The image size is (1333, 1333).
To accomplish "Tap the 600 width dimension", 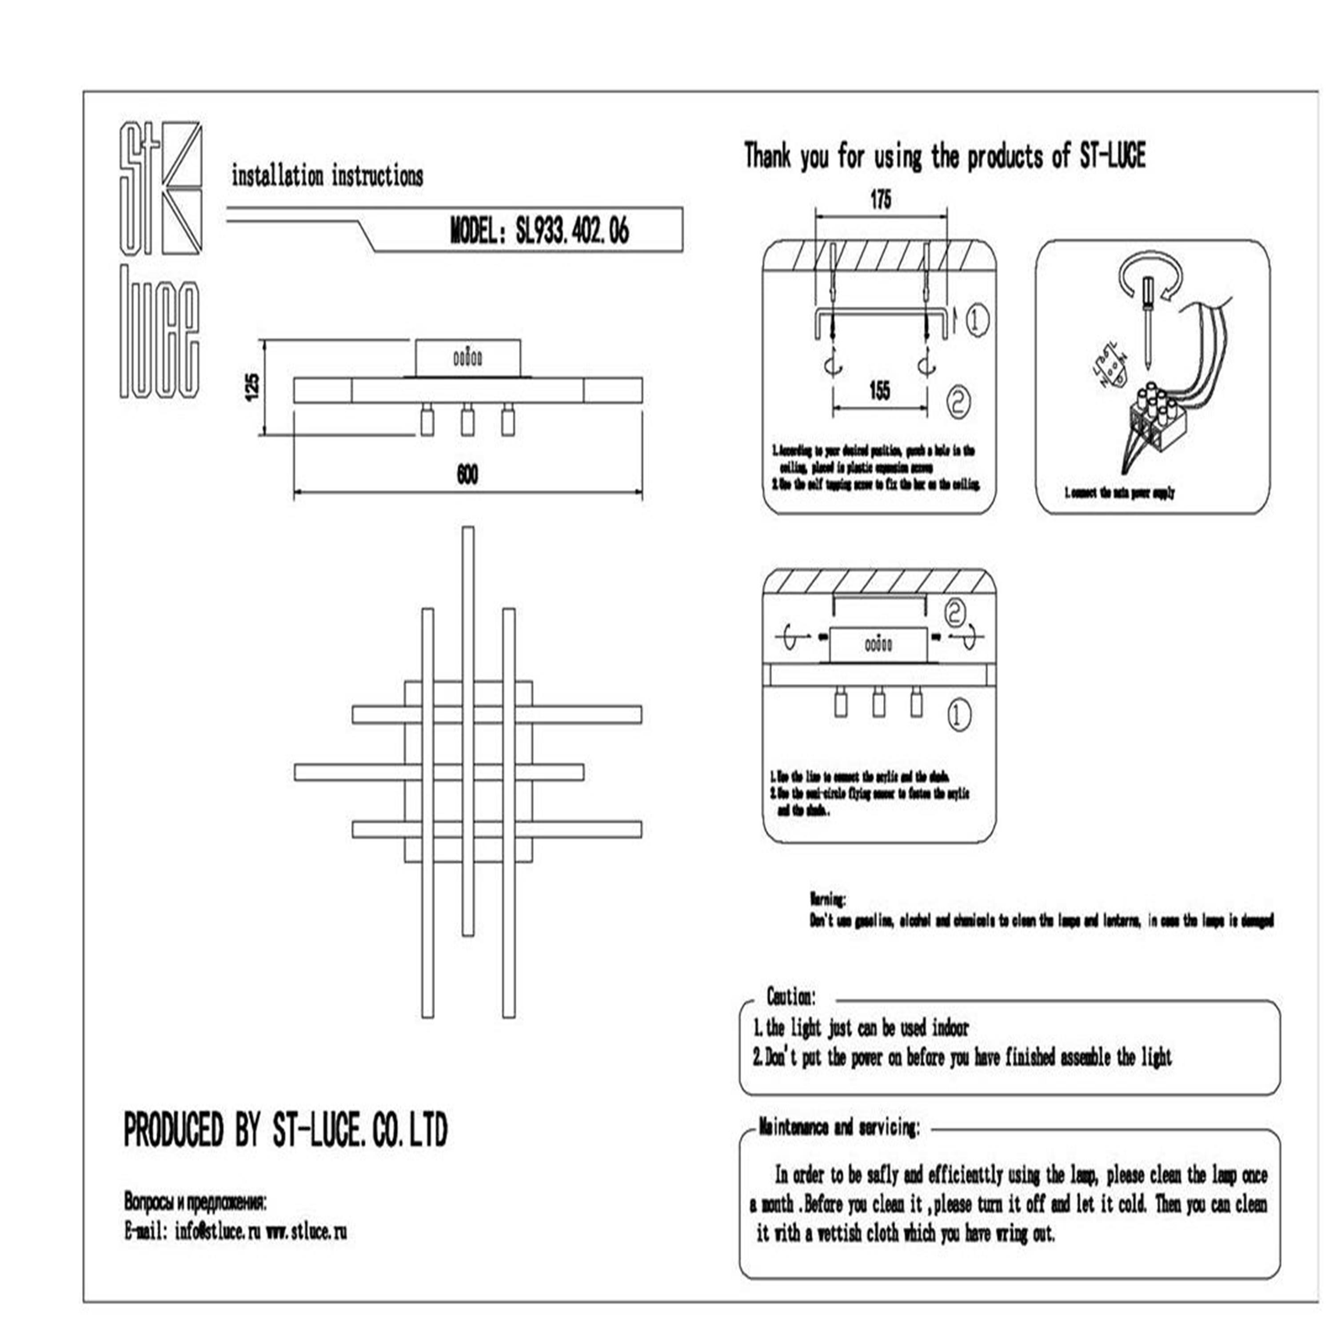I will pos(467,475).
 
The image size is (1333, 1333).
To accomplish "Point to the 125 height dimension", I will pos(252,387).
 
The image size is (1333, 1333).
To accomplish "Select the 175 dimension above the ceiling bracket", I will pos(880,200).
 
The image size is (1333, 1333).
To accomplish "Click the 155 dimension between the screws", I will pos(880,391).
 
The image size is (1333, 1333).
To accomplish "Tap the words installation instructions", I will pos(327,177).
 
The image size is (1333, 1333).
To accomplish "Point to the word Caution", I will pos(791,996).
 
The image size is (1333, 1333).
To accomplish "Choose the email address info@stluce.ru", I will pos(217,1232).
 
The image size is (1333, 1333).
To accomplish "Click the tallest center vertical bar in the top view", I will pos(468,731).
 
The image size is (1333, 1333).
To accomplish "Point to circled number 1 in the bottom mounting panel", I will pos(957,715).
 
